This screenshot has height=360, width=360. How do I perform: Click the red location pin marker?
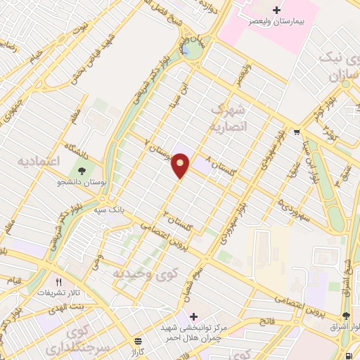(181, 165)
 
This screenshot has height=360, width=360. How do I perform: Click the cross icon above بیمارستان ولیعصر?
(276, 10)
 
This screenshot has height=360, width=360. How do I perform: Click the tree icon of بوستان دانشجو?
(82, 170)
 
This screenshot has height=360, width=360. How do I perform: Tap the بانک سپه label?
(111, 209)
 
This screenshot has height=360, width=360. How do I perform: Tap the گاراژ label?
(137, 349)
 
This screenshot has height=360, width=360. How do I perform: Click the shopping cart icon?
(297, 131)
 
